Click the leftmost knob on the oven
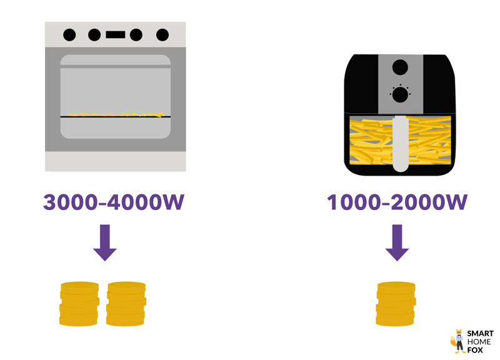69,35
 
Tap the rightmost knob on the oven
162,35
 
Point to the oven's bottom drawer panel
116,162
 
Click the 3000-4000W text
114,202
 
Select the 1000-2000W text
397,202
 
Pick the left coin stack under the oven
79,304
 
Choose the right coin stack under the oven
126,304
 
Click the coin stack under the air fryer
396,304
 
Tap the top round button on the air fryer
400,67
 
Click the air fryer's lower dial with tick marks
400,94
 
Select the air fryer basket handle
400,144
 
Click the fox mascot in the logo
458,341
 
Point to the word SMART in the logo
480,334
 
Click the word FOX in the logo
476,350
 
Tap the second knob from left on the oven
94,35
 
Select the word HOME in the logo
479,342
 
